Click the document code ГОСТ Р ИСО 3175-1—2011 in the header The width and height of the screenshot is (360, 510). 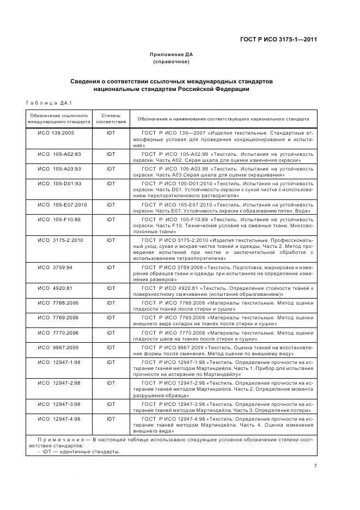coord(278,39)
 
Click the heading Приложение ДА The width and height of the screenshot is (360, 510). coord(172,54)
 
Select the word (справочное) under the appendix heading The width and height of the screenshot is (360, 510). coord(172,62)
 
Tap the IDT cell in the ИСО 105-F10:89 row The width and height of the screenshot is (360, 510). coord(111,219)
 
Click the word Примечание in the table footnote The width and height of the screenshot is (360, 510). coord(54,439)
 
